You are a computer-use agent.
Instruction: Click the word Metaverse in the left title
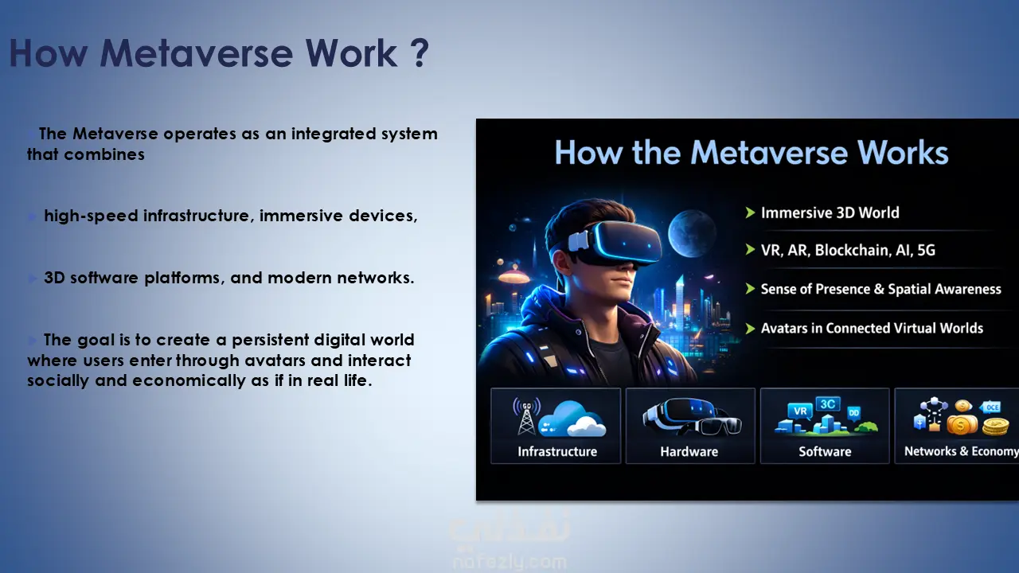pyautogui.click(x=196, y=53)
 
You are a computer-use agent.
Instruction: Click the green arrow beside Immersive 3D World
pyautogui.click(x=750, y=212)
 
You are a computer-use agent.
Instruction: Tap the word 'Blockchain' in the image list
pyautogui.click(x=852, y=250)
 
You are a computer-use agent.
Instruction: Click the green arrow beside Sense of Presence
pyautogui.click(x=750, y=289)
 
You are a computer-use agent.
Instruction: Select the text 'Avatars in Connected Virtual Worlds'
pyautogui.click(x=872, y=328)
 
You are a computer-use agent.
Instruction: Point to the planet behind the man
pyautogui.click(x=691, y=233)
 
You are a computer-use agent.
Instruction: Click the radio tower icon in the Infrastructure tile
pyautogui.click(x=526, y=415)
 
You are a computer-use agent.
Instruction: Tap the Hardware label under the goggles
pyautogui.click(x=689, y=451)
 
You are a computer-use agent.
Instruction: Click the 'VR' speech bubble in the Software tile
pyautogui.click(x=800, y=411)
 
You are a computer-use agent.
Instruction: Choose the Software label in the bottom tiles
pyautogui.click(x=825, y=451)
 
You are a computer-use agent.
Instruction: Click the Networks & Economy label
pyautogui.click(x=961, y=451)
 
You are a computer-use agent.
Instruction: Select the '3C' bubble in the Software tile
pyautogui.click(x=827, y=404)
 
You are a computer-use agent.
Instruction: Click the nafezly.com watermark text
pyautogui.click(x=509, y=563)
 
